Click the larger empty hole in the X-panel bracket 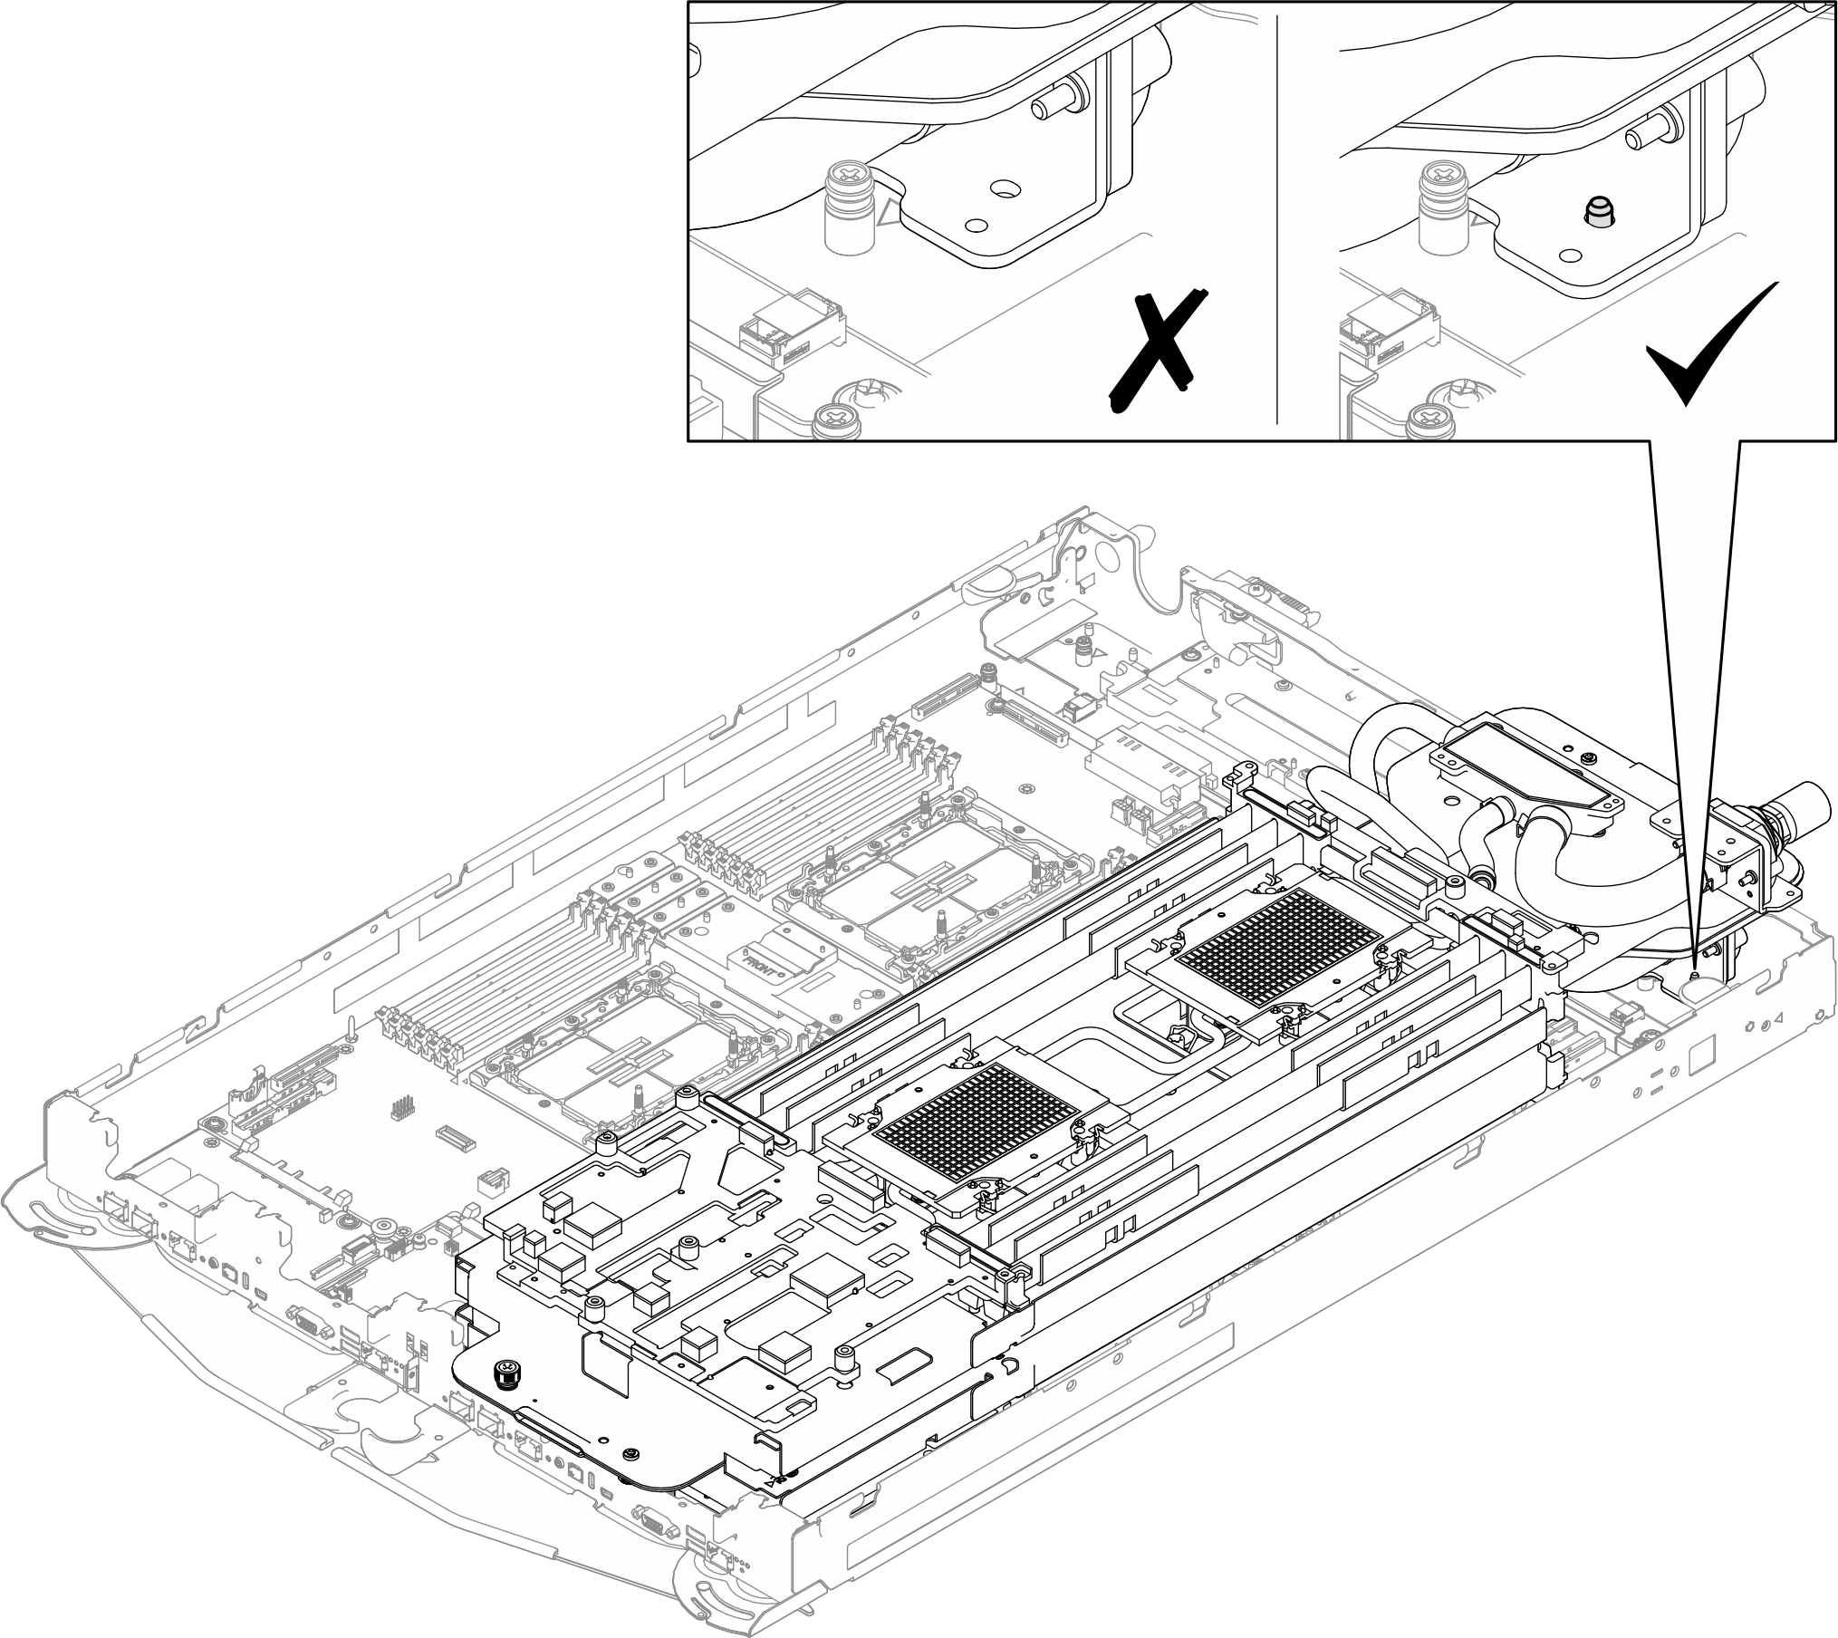click(1003, 189)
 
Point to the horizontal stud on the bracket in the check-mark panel click(1648, 127)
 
